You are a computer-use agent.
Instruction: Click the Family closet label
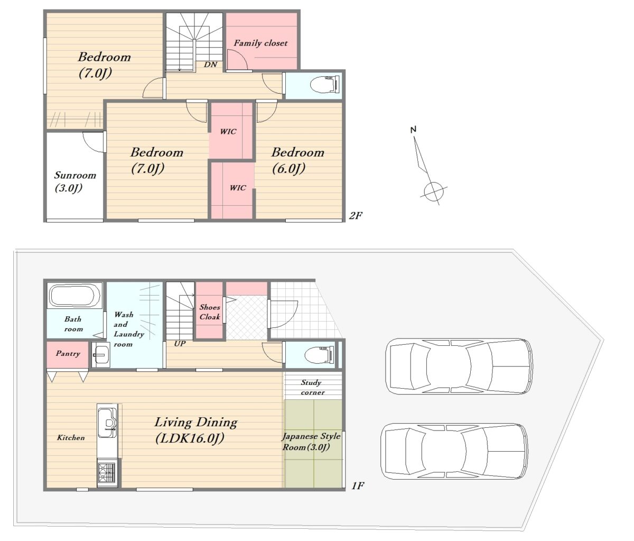[x=260, y=43]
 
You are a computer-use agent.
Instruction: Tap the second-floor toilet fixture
[x=325, y=84]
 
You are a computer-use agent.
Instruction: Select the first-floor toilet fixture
[x=320, y=355]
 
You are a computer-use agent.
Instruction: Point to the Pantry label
[x=68, y=353]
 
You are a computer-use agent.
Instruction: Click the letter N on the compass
[x=414, y=130]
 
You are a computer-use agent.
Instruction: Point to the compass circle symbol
[x=434, y=192]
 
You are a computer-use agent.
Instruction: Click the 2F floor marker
[x=356, y=216]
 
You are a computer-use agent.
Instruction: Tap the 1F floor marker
[x=358, y=485]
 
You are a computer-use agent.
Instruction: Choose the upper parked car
[x=459, y=366]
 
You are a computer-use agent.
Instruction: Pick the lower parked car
[x=454, y=451]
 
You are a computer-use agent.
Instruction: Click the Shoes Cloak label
[x=210, y=312]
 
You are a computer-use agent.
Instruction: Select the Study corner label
[x=312, y=387]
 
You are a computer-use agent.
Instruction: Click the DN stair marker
[x=210, y=65]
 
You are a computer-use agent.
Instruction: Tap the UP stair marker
[x=180, y=344]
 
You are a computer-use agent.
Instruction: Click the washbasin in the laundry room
[x=101, y=355]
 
